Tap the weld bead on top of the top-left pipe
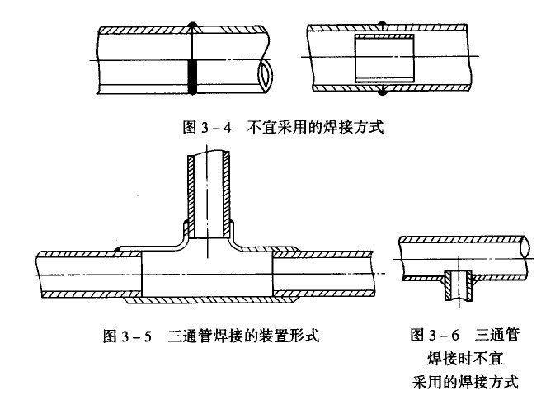[x=191, y=24]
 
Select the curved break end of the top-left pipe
[x=263, y=75]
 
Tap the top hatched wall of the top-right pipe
[x=388, y=29]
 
